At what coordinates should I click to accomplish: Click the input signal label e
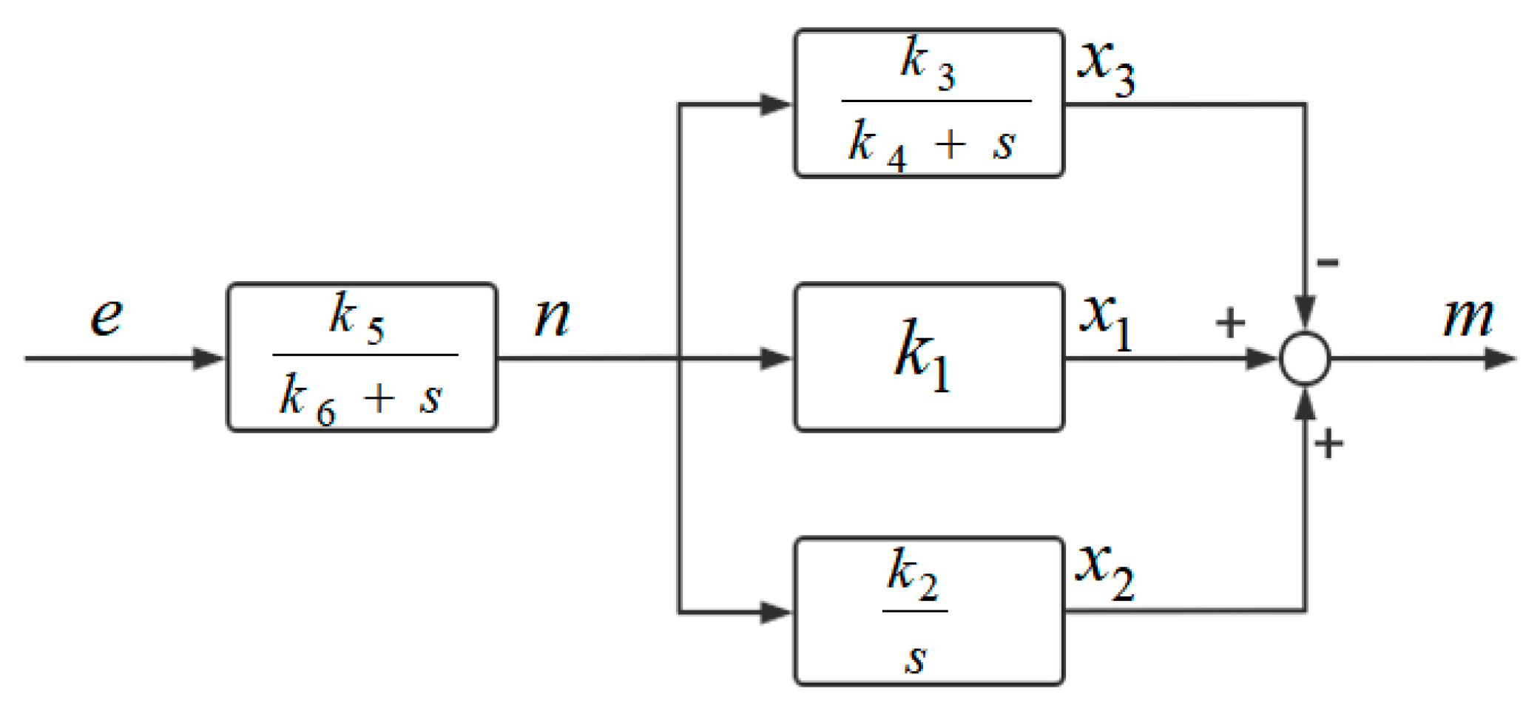click(x=107, y=318)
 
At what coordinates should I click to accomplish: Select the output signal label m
click(x=1468, y=318)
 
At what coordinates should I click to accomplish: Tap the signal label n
click(x=553, y=318)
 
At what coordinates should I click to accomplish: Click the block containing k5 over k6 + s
click(x=362, y=357)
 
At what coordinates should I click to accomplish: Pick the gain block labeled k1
click(x=929, y=357)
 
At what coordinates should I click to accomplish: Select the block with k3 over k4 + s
click(x=929, y=104)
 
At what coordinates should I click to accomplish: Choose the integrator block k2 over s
click(x=929, y=611)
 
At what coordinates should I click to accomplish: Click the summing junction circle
click(x=1306, y=359)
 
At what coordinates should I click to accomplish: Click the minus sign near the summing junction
click(x=1328, y=262)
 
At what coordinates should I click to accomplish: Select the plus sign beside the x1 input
click(x=1230, y=323)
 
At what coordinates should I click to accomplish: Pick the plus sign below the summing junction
click(x=1328, y=444)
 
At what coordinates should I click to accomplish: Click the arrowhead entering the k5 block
click(x=209, y=359)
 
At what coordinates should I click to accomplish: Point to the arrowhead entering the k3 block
click(x=776, y=104)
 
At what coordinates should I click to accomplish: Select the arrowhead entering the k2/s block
click(x=776, y=613)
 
